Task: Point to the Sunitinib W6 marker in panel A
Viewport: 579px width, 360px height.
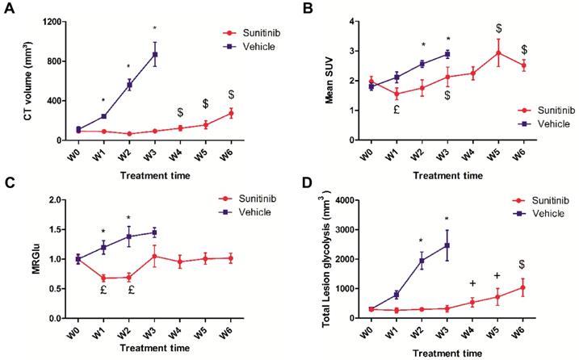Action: (231, 113)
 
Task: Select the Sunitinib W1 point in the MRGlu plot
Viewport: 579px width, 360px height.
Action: (103, 278)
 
